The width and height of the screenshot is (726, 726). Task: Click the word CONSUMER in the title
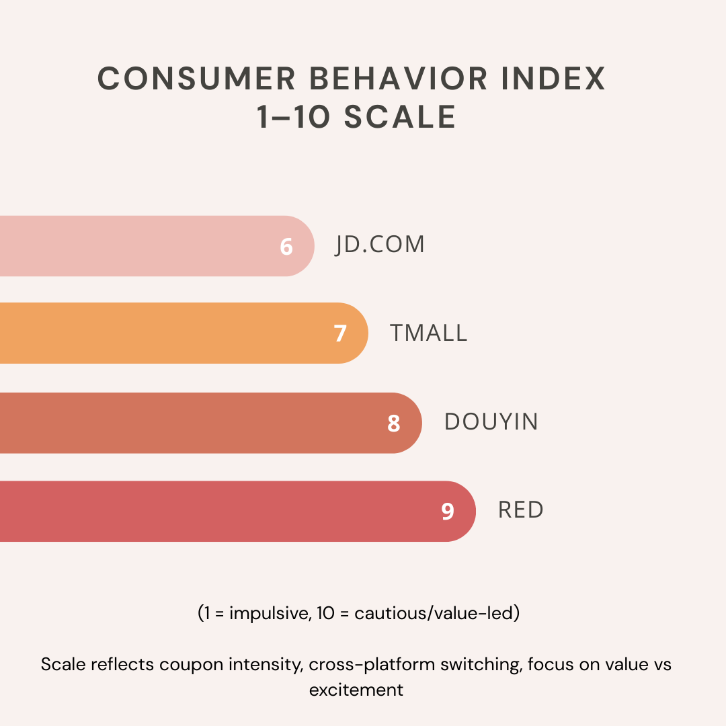[197, 79]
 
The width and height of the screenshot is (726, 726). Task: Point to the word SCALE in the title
[401, 118]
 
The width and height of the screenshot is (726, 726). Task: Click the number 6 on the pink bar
[286, 247]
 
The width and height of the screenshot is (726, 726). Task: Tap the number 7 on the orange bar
[340, 333]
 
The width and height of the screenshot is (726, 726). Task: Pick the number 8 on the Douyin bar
[394, 424]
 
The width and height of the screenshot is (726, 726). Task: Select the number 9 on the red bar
[448, 512]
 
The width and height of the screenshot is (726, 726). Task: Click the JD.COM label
[380, 245]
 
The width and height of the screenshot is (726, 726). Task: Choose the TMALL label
[429, 333]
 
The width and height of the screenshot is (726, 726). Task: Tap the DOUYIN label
[491, 421]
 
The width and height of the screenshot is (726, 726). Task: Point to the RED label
[521, 510]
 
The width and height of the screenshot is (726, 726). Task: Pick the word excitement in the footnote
[356, 690]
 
